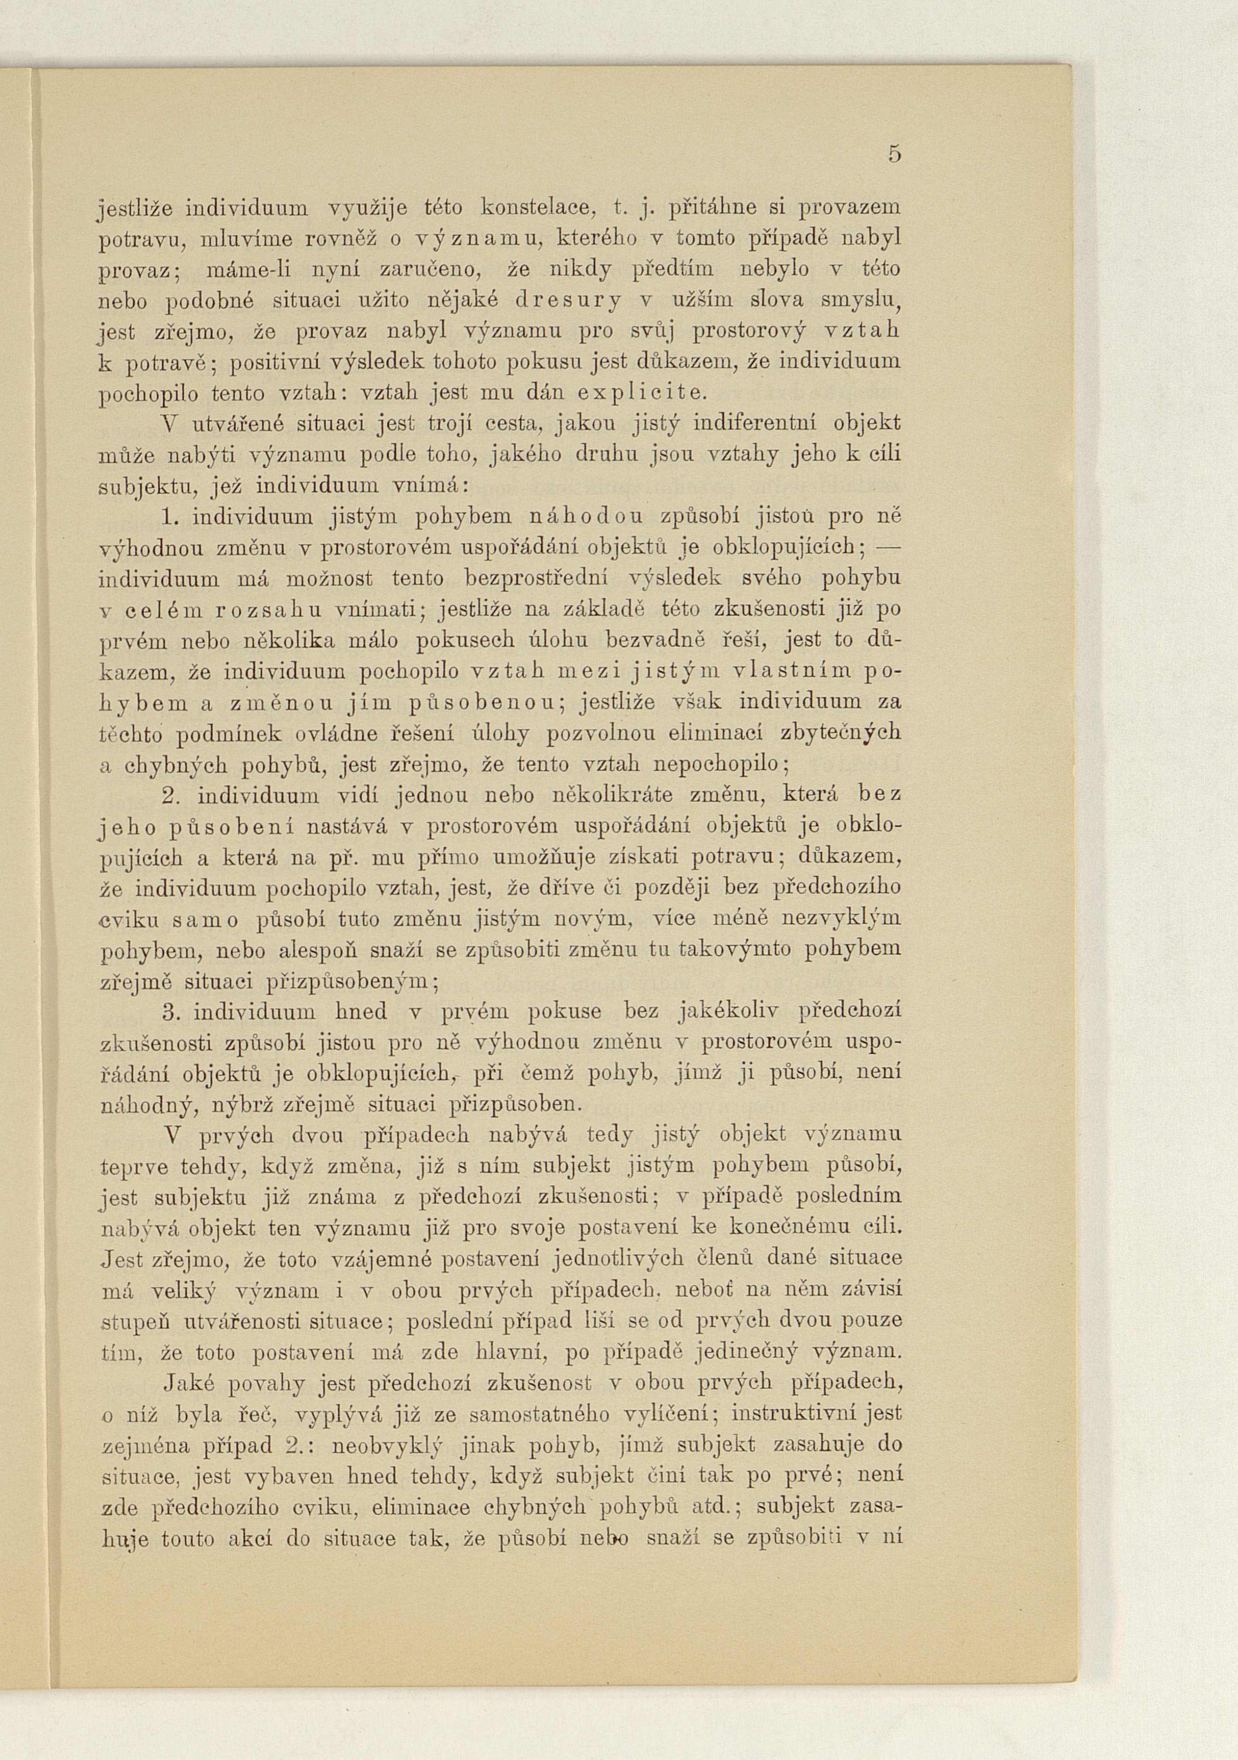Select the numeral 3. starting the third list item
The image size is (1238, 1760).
click(x=171, y=1012)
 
